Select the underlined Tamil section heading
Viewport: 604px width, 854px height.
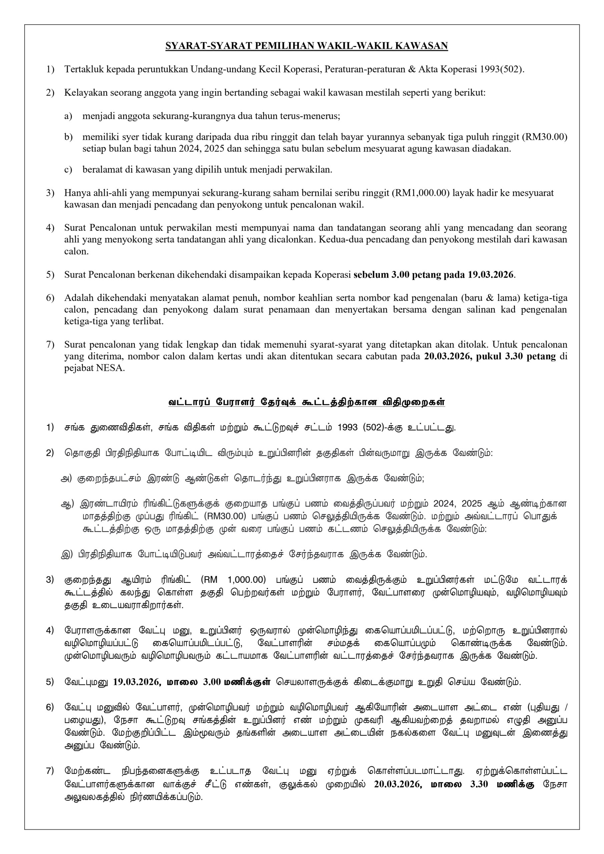(307, 402)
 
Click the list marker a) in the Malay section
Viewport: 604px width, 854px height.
(68, 116)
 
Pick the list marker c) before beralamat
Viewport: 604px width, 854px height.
(68, 169)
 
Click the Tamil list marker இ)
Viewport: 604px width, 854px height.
(67, 554)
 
